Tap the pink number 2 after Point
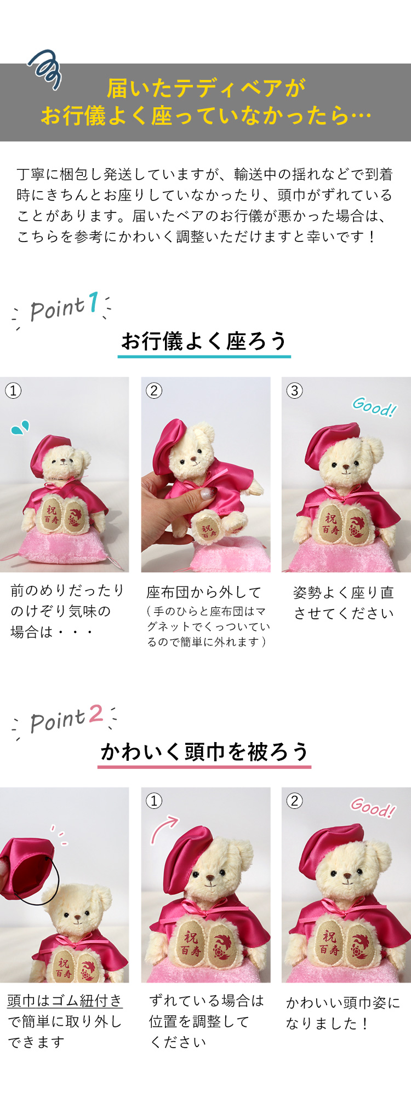tap(95, 713)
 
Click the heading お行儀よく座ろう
tap(204, 341)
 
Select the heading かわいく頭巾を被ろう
tap(204, 751)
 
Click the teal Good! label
tap(374, 407)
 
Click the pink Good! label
tap(373, 807)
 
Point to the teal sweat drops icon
tap(20, 428)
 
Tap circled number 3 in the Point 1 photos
tap(295, 390)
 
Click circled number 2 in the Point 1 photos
tap(154, 390)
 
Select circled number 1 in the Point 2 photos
tap(154, 801)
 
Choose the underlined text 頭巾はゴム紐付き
tap(65, 1001)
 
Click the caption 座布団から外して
tap(204, 592)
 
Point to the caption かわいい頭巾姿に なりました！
tap(343, 1013)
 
